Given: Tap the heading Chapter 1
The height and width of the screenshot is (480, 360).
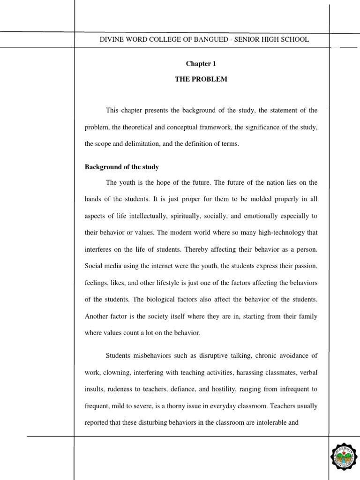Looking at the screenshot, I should point(201,63).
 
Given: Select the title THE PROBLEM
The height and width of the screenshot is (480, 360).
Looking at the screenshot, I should point(201,79).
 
